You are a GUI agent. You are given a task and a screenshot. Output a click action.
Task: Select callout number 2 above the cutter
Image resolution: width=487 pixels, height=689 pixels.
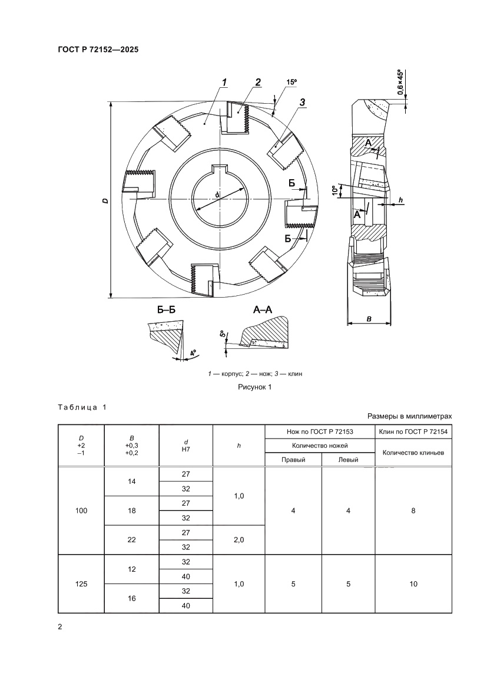click(x=258, y=82)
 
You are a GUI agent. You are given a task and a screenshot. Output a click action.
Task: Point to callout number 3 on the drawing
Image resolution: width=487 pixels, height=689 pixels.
click(x=302, y=103)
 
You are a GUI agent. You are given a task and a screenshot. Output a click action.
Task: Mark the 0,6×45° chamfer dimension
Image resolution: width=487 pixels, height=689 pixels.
click(x=400, y=83)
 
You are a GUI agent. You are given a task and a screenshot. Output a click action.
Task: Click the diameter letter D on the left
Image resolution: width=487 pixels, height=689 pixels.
click(x=104, y=201)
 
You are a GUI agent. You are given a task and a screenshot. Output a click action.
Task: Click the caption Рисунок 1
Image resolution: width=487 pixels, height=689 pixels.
click(x=254, y=387)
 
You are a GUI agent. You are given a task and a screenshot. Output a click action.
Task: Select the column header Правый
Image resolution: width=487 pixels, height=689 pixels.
click(x=293, y=460)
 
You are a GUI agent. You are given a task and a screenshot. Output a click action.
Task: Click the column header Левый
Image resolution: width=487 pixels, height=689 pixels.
click(x=349, y=460)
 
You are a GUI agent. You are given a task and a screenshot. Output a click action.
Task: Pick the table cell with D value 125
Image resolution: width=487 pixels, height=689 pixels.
click(x=81, y=584)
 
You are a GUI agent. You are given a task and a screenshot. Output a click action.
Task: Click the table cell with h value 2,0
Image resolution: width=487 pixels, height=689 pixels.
click(x=239, y=540)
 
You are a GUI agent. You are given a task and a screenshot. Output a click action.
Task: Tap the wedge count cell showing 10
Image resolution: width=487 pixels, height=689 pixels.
click(x=413, y=584)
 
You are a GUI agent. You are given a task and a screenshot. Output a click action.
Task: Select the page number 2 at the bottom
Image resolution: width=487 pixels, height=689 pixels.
click(x=59, y=627)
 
